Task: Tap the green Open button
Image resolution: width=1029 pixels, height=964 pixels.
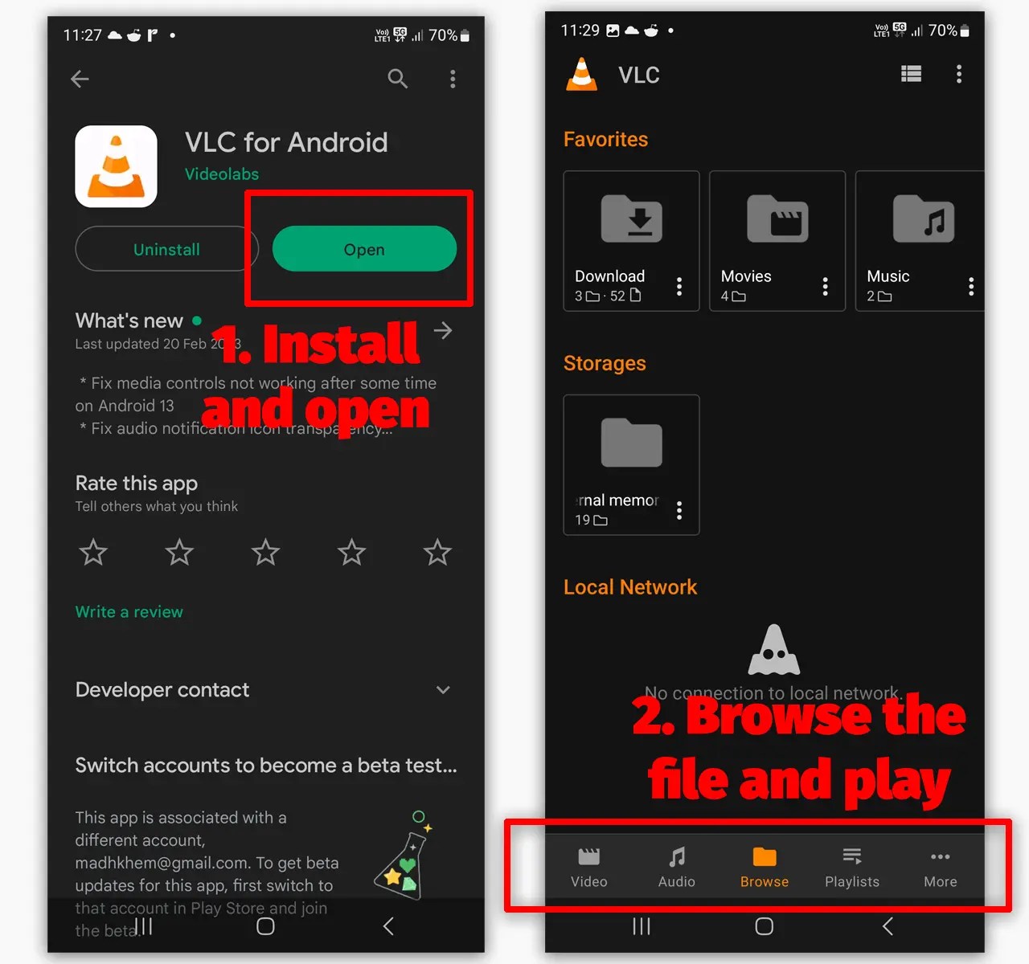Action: coord(364,249)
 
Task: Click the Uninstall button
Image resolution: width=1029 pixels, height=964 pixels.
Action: coord(166,249)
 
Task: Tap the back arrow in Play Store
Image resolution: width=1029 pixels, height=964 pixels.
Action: coord(80,79)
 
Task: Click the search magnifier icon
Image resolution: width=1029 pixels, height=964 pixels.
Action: coord(397,79)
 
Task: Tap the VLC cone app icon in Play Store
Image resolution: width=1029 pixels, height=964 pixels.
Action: coord(116,166)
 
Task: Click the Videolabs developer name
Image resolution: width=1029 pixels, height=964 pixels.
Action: coord(222,174)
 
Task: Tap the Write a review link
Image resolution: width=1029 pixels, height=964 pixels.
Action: coord(129,612)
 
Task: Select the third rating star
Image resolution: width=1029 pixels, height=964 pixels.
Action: coord(265,553)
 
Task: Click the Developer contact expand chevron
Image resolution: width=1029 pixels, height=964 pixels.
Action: coord(443,690)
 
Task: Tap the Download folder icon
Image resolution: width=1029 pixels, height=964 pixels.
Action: coord(631,219)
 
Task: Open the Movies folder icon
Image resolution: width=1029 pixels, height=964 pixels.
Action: coord(777,219)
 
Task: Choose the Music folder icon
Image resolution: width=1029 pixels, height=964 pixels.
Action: coord(923,219)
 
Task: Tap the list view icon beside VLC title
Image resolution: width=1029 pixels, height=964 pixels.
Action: coord(911,75)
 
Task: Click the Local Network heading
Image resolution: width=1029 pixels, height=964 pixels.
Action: coord(630,587)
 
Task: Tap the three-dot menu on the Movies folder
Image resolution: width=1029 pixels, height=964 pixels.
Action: coord(825,287)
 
